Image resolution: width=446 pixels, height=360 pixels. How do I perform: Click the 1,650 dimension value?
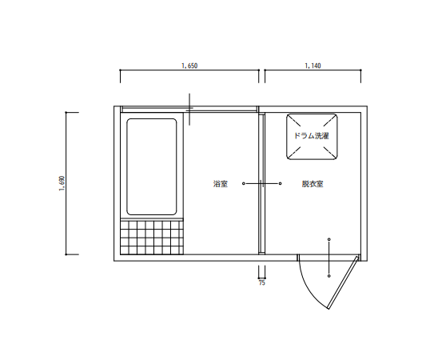[x=189, y=66]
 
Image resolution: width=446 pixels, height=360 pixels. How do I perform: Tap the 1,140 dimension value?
[x=313, y=66]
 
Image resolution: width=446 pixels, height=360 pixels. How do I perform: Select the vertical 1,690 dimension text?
[x=62, y=183]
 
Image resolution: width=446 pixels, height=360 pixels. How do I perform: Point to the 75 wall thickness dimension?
[x=262, y=283]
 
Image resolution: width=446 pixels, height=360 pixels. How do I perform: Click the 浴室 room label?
[x=221, y=184]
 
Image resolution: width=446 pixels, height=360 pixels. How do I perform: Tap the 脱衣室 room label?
[x=313, y=184]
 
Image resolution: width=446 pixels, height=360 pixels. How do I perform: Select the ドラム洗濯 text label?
[x=312, y=136]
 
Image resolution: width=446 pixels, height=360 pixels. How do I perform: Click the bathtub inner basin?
[x=152, y=166]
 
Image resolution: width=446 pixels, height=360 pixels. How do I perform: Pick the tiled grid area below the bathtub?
[x=152, y=238]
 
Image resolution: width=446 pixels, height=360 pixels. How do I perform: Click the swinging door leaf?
[x=343, y=282]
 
